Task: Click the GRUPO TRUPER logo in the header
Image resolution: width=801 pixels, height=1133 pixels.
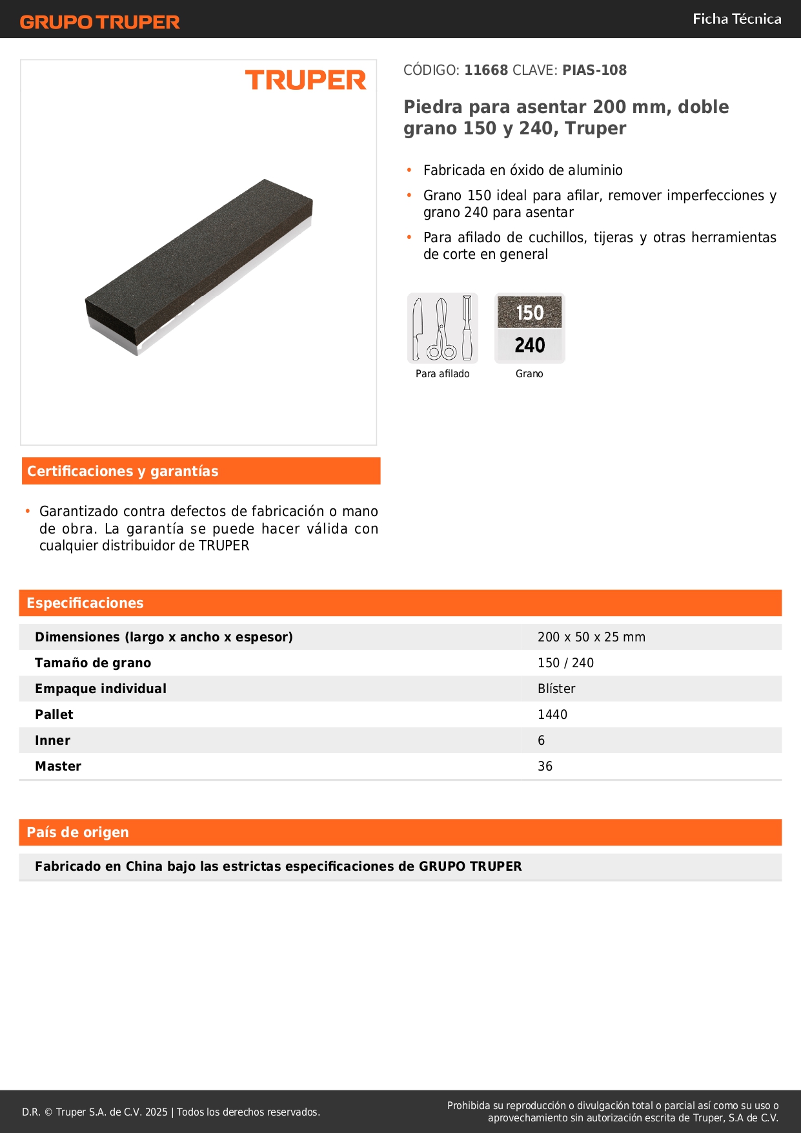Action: pyautogui.click(x=100, y=22)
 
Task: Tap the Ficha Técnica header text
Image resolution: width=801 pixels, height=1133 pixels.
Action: pyautogui.click(x=736, y=19)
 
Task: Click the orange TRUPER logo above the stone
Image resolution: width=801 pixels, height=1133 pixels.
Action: pyautogui.click(x=305, y=80)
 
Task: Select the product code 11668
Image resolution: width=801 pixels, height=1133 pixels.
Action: pyautogui.click(x=486, y=70)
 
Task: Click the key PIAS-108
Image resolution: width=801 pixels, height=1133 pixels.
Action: pyautogui.click(x=594, y=70)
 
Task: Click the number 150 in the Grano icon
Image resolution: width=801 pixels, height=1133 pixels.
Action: pyautogui.click(x=530, y=313)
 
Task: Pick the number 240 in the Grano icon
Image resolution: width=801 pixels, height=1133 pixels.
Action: pyautogui.click(x=530, y=346)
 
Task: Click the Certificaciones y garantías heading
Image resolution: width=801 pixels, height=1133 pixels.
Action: pyautogui.click(x=123, y=472)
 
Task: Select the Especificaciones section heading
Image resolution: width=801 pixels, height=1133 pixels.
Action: pyautogui.click(x=85, y=603)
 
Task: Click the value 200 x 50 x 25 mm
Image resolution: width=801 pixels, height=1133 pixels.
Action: pyautogui.click(x=591, y=638)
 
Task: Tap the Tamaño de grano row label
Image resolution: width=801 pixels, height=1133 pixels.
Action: pyautogui.click(x=93, y=663)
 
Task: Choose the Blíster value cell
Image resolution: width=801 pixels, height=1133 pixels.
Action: pyautogui.click(x=556, y=689)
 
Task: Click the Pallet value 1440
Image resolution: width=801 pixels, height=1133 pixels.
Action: pyautogui.click(x=553, y=715)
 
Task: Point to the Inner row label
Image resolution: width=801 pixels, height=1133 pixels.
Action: pyautogui.click(x=52, y=741)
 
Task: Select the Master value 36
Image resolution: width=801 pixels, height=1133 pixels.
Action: pyautogui.click(x=545, y=767)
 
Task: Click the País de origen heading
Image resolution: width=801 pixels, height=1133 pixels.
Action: pyautogui.click(x=77, y=833)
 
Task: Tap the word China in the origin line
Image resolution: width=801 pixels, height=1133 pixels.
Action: pyautogui.click(x=144, y=867)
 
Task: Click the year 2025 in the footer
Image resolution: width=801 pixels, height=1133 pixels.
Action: pyautogui.click(x=156, y=1112)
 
